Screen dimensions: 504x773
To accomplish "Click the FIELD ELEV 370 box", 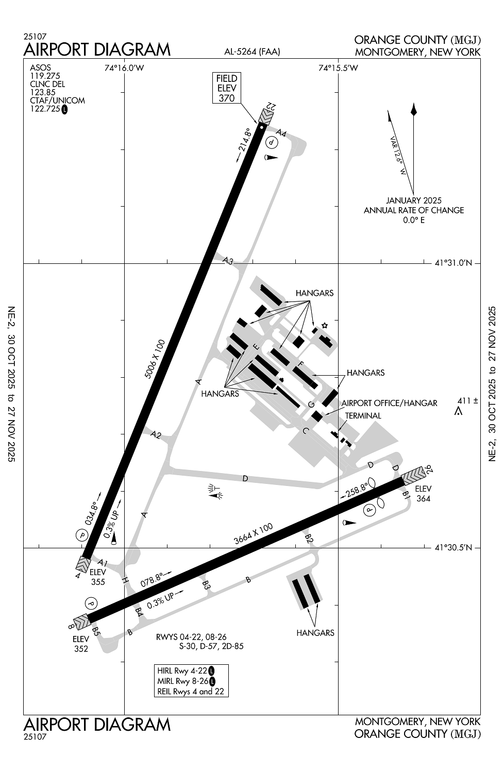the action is coord(226,88).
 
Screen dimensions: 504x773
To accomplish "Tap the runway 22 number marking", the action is coord(271,106).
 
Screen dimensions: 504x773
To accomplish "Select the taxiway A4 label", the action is coord(281,133).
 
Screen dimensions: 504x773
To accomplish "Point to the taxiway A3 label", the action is coord(228,261).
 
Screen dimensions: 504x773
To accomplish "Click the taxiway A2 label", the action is coord(156,434).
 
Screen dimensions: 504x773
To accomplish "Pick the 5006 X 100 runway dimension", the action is coord(155,359).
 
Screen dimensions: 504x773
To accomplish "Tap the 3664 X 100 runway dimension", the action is coord(254,534).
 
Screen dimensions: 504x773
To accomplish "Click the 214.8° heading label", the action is coord(244,145).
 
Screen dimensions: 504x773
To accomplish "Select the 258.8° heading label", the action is coord(354,491).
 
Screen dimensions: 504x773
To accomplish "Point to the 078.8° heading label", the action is coord(156,580).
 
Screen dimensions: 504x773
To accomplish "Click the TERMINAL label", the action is coord(363,415).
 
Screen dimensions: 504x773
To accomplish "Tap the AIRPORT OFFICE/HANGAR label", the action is coord(390,403).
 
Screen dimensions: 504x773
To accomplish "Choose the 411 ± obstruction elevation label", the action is coord(468,400).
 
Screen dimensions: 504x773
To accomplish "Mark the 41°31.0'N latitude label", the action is coord(453,263).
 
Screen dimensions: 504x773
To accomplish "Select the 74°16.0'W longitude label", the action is coord(124,68).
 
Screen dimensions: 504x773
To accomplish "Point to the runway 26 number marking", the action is coord(429,468).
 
